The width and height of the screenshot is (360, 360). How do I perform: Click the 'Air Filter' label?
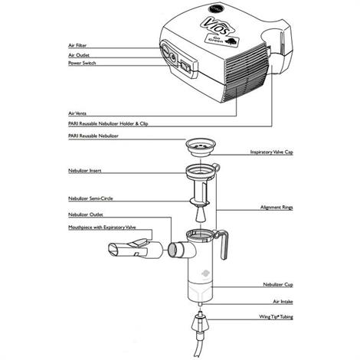pyautogui.click(x=80, y=46)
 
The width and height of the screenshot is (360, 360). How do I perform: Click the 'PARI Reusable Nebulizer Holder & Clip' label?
pyautogui.click(x=110, y=121)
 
